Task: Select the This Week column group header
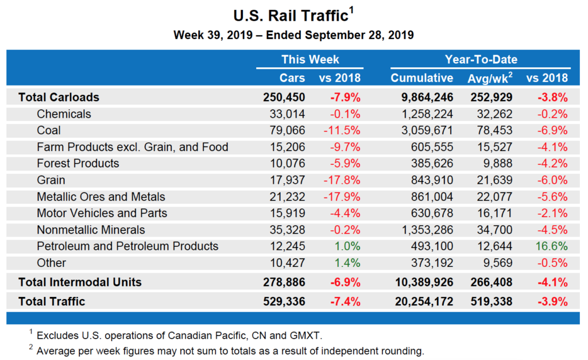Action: (x=310, y=60)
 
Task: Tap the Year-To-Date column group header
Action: (x=481, y=60)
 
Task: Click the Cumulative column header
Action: (x=422, y=78)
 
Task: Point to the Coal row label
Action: (x=49, y=130)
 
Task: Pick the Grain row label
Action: (x=51, y=180)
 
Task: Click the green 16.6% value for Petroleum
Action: (x=552, y=246)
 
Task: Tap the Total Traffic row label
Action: (x=52, y=301)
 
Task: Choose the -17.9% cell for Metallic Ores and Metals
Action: (x=343, y=197)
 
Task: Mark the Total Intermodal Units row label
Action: (x=80, y=282)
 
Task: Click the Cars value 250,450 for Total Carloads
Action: (x=284, y=97)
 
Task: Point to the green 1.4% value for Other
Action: (x=347, y=263)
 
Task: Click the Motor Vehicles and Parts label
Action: (x=102, y=213)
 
